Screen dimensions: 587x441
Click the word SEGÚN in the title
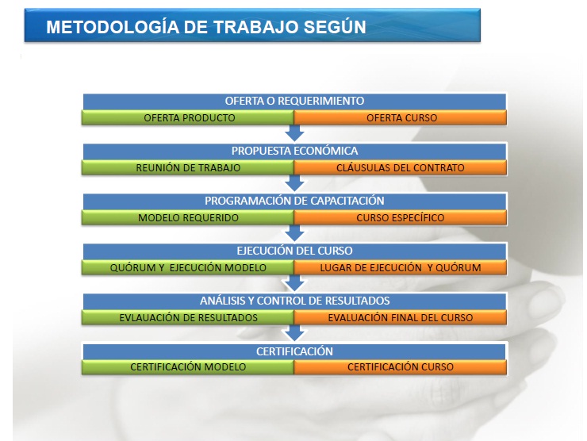(335, 27)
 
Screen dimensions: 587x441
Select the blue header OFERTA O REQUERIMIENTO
(294, 102)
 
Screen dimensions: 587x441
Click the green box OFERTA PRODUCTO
(188, 117)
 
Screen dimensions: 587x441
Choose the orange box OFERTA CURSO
(401, 117)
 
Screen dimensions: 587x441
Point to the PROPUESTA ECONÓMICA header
(294, 151)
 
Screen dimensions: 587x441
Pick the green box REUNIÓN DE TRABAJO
(188, 167)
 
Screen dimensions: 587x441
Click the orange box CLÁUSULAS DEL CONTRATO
(401, 167)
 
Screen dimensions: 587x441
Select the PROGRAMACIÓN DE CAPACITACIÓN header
(294, 201)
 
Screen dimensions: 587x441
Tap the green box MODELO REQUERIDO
(188, 217)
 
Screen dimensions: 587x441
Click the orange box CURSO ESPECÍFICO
(401, 217)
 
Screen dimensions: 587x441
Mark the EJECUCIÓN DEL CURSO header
(294, 251)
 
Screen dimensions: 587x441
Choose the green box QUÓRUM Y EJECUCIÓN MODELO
(188, 267)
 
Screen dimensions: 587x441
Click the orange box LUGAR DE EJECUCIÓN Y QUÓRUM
(401, 267)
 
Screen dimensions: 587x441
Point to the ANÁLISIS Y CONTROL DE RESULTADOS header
(294, 301)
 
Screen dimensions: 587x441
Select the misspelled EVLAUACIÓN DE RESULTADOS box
(188, 317)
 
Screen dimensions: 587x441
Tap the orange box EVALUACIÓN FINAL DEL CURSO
(401, 317)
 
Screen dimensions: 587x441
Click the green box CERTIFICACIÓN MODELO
(188, 367)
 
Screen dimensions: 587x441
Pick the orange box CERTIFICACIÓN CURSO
(401, 367)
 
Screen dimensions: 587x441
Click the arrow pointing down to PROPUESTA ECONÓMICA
(294, 133)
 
